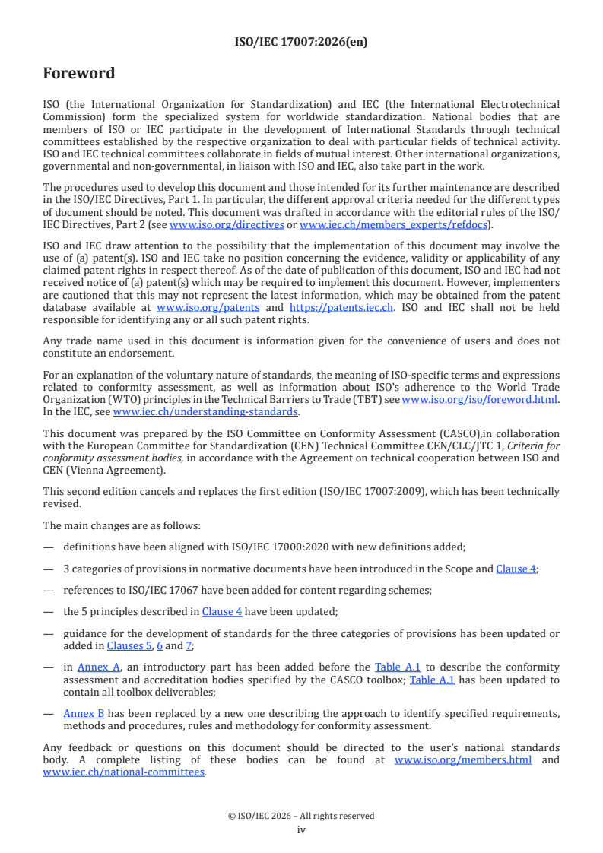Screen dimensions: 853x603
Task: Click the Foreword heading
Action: (79, 73)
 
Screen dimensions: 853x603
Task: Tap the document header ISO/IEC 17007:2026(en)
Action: (301, 42)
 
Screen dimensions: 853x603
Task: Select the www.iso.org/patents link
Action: (208, 307)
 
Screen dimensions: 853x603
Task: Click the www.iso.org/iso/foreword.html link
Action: (480, 399)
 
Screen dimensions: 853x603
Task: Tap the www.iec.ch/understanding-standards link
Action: (205, 411)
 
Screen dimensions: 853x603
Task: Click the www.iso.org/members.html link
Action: (463, 759)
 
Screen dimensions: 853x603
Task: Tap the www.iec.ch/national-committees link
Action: (124, 772)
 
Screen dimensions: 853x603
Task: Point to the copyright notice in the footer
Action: (301, 816)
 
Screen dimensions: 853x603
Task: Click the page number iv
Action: (301, 829)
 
